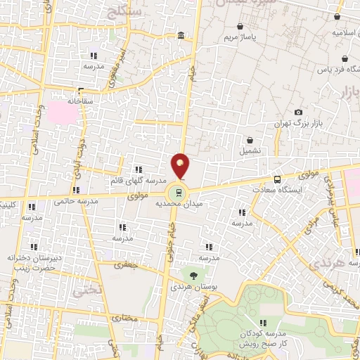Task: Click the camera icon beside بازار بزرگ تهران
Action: point(299,112)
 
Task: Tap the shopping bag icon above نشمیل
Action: point(250,140)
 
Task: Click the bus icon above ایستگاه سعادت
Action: point(276,179)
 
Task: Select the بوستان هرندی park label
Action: point(191,288)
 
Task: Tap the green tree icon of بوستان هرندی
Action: point(191,274)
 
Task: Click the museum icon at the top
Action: point(181,36)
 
